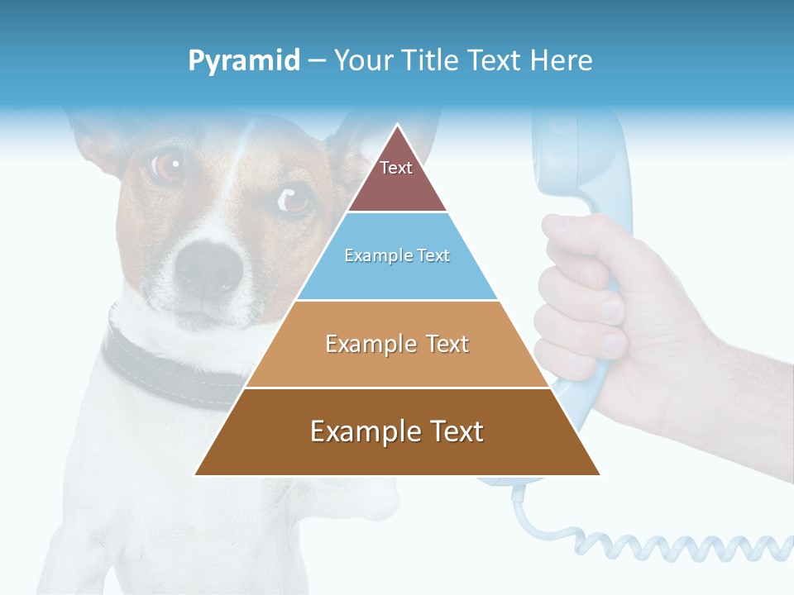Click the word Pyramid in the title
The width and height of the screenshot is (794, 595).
[244, 61]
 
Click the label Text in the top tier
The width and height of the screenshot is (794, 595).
[396, 168]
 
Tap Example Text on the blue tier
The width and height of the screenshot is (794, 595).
[397, 255]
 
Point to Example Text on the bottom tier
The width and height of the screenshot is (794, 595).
[397, 431]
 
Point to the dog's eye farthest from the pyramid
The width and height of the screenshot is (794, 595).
[168, 166]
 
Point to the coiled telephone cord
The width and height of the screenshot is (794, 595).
[662, 545]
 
